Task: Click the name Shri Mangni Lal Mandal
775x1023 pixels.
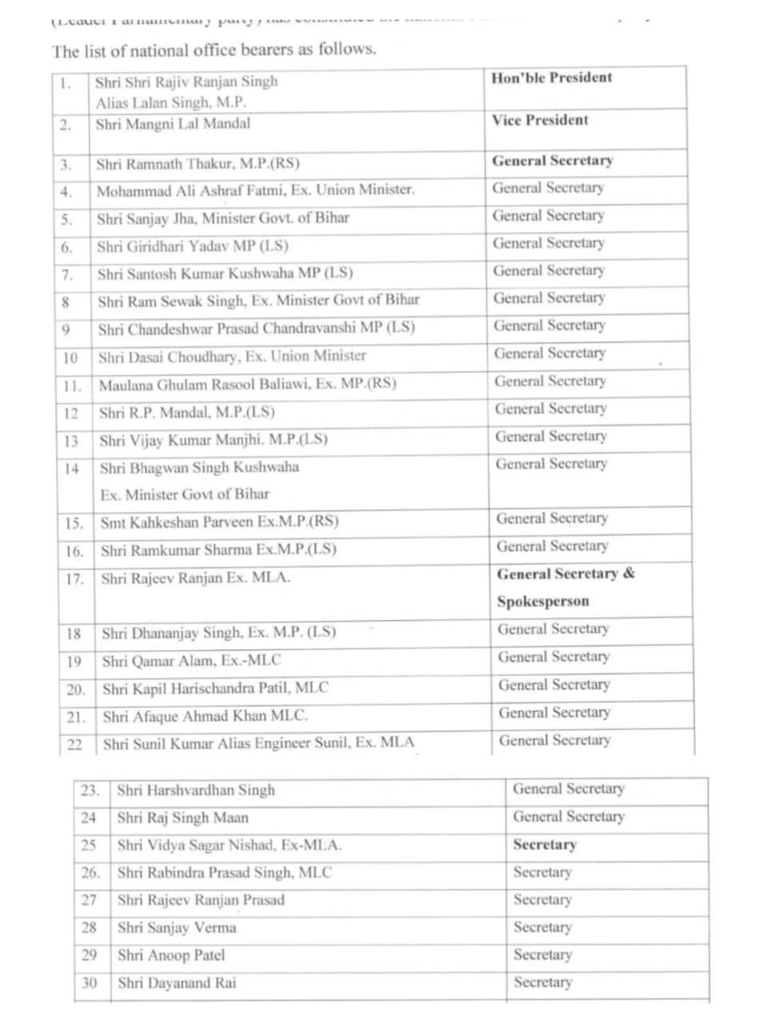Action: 173,124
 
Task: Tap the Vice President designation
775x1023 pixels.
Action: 540,121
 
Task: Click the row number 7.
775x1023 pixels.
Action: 67,274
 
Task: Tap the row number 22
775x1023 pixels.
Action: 74,744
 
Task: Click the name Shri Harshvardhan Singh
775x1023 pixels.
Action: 196,790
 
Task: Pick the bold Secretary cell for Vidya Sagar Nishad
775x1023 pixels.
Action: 545,845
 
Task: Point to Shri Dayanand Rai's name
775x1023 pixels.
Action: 177,983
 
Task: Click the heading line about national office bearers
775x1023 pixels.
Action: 214,50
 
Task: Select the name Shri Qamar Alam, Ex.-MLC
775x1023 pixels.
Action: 192,661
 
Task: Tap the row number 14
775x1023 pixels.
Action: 72,469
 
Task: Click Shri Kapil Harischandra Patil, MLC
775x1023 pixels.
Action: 215,688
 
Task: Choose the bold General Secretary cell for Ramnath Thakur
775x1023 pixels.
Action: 553,161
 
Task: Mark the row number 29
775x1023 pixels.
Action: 89,955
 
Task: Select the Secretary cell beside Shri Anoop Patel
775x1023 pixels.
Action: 542,955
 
